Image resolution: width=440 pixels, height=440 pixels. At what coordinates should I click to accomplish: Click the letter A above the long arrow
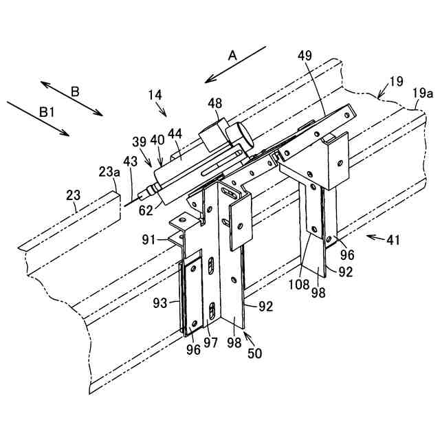tap(232, 55)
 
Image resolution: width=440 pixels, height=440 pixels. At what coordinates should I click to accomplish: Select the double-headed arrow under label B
tap(71, 98)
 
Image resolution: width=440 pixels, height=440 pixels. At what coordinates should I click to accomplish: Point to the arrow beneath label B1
tap(37, 118)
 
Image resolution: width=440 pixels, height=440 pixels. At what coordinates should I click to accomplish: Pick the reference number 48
tap(214, 103)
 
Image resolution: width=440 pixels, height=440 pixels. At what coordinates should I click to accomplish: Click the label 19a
tap(421, 91)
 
